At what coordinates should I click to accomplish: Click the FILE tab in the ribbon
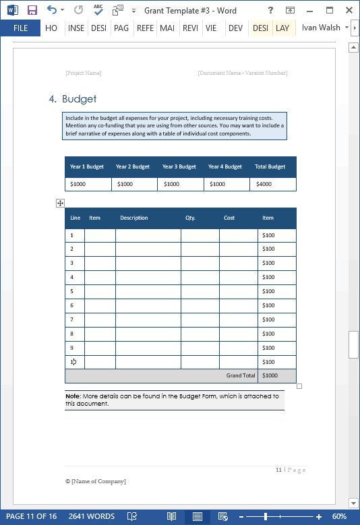(x=20, y=28)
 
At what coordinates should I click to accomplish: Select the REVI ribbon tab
(x=190, y=28)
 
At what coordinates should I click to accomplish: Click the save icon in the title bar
(x=32, y=10)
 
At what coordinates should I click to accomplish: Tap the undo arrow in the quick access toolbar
(x=51, y=10)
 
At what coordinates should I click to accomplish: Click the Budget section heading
(x=79, y=99)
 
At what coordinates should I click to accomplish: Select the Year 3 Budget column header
(x=179, y=166)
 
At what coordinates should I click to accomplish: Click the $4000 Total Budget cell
(x=264, y=184)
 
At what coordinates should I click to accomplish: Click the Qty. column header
(x=190, y=218)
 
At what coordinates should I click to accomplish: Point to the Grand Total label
(x=241, y=375)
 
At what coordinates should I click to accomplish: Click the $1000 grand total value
(x=270, y=375)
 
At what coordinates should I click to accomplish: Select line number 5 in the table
(x=71, y=291)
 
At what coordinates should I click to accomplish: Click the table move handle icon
(x=60, y=203)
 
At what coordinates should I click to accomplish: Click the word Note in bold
(x=72, y=396)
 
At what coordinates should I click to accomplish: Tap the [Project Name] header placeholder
(x=84, y=73)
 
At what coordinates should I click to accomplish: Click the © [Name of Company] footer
(x=95, y=481)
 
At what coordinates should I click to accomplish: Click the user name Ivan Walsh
(x=321, y=28)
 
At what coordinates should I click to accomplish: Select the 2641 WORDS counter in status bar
(x=91, y=516)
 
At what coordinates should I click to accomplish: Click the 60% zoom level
(x=339, y=516)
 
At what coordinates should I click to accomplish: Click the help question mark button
(x=270, y=10)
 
